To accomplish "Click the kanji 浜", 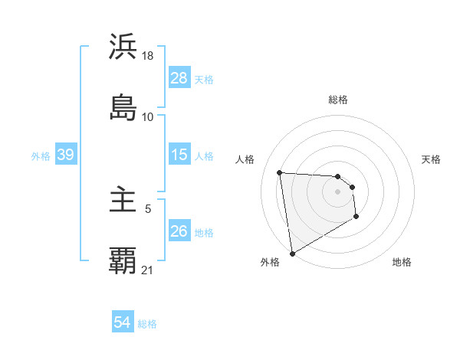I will click(x=123, y=47).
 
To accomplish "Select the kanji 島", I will click(x=123, y=107).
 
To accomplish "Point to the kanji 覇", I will click(x=123, y=261).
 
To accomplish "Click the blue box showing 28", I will click(x=179, y=78).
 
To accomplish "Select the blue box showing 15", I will click(x=179, y=155).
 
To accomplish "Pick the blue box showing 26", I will click(x=179, y=231).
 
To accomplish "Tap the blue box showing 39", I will click(x=65, y=155).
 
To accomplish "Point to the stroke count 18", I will click(x=149, y=56).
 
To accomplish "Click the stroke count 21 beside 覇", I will click(x=148, y=270).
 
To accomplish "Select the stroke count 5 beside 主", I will click(x=148, y=208).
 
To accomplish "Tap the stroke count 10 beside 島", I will click(x=148, y=116).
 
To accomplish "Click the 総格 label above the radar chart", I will click(x=338, y=100).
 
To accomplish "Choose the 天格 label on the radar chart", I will click(x=431, y=159).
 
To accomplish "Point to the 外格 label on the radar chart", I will click(x=270, y=263).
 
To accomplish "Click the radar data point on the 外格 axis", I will click(x=291, y=253).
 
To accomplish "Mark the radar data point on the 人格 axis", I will click(x=279, y=172).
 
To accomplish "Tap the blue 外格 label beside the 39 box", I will click(x=41, y=156).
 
